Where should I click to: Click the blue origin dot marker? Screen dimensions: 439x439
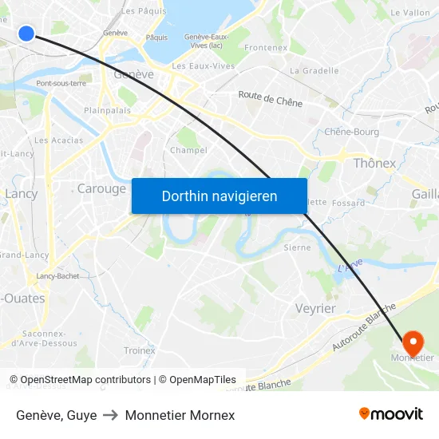(26, 33)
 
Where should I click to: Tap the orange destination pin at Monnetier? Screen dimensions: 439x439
(413, 342)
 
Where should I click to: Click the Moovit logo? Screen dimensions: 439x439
(391, 413)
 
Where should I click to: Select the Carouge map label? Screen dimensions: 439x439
(101, 189)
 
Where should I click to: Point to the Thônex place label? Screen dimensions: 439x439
(374, 163)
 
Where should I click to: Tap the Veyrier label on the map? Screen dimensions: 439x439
(315, 308)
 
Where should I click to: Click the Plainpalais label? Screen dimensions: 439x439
(108, 111)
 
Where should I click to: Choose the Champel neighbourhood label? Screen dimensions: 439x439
(188, 150)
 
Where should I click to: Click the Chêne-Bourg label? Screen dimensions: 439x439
(352, 132)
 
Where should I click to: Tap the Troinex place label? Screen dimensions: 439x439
(140, 350)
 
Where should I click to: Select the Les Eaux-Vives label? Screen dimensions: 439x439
(204, 66)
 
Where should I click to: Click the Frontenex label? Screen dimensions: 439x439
(266, 48)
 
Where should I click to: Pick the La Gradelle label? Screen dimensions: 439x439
(314, 70)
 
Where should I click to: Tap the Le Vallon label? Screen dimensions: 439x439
(410, 13)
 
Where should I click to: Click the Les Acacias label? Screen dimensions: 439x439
(59, 140)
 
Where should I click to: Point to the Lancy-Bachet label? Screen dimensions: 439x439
(57, 276)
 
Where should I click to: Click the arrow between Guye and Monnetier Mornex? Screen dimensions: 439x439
(111, 415)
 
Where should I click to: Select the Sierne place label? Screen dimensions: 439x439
(297, 247)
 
